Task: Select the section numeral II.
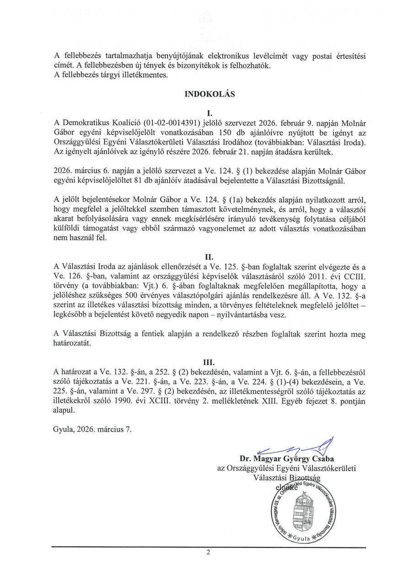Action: point(210,257)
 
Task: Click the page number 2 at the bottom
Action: point(209,552)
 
